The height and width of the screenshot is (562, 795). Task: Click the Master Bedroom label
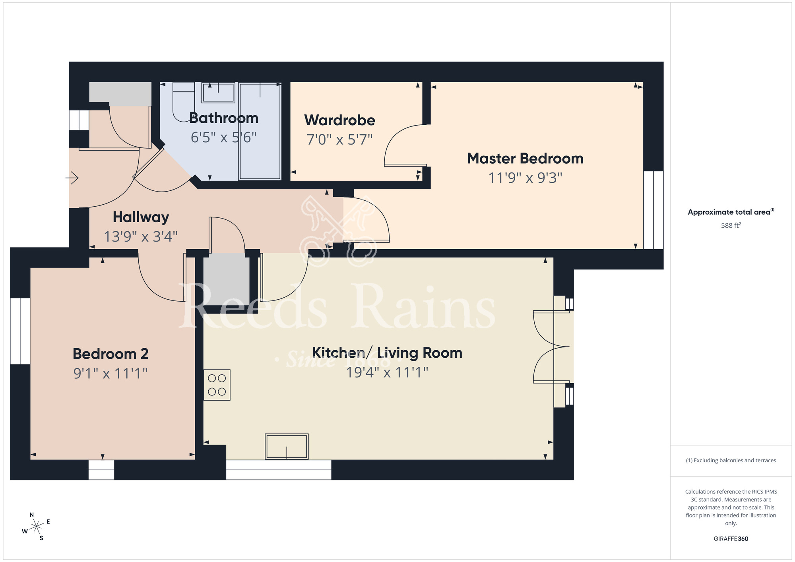pyautogui.click(x=525, y=159)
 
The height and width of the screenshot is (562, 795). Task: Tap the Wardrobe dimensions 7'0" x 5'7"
pyautogui.click(x=339, y=140)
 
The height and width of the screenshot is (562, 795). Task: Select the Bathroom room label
pyautogui.click(x=224, y=118)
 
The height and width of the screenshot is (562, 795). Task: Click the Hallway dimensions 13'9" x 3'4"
pyautogui.click(x=140, y=236)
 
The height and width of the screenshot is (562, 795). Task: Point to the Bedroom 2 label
pyautogui.click(x=111, y=354)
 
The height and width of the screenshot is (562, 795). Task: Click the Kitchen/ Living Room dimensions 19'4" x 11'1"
pyautogui.click(x=387, y=372)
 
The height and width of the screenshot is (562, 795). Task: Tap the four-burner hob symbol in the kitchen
pyautogui.click(x=217, y=385)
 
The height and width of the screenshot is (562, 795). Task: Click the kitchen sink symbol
pyautogui.click(x=287, y=446)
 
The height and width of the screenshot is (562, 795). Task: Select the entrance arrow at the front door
pyautogui.click(x=72, y=178)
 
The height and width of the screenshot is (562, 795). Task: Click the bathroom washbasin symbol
pyautogui.click(x=218, y=92)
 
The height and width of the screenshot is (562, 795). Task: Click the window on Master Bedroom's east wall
pyautogui.click(x=653, y=210)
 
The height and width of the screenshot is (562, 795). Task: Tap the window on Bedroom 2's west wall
pyautogui.click(x=20, y=331)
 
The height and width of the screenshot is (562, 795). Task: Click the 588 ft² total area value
pyautogui.click(x=731, y=225)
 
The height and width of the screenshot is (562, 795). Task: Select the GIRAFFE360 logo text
pyautogui.click(x=731, y=539)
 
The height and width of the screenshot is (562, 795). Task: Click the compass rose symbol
pyautogui.click(x=36, y=527)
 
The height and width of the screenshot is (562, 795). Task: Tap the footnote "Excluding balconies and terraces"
pyautogui.click(x=731, y=460)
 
